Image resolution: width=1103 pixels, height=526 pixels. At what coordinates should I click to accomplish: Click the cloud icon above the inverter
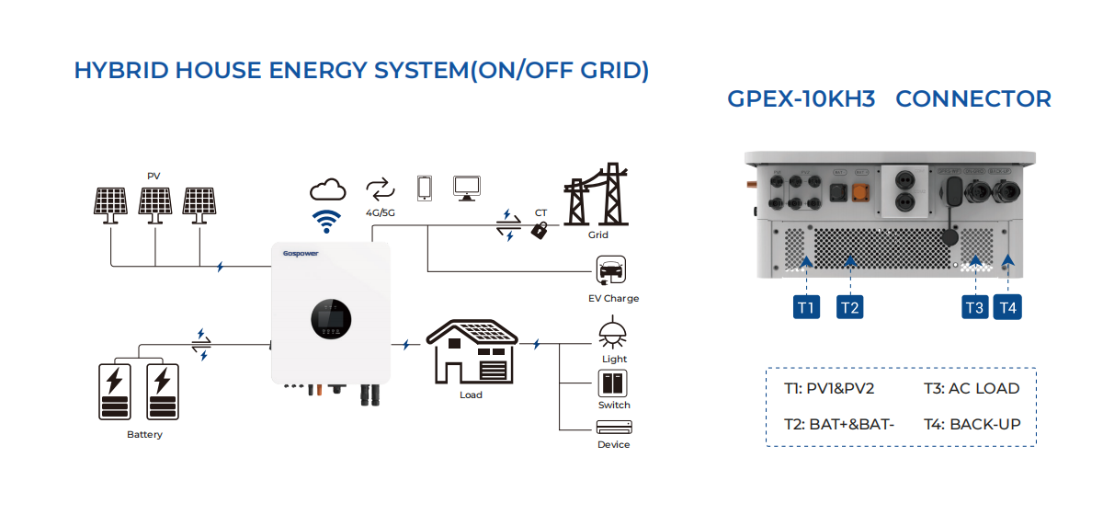[x=327, y=189]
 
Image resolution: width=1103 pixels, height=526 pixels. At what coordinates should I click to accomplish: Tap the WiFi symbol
[x=327, y=221]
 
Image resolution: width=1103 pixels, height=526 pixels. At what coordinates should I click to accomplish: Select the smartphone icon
[x=425, y=188]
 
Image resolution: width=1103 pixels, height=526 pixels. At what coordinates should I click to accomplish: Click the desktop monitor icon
[x=468, y=188]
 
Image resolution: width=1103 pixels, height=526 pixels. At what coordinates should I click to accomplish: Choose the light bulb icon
[x=613, y=334]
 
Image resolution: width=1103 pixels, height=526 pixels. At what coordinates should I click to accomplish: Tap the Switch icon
[x=613, y=383]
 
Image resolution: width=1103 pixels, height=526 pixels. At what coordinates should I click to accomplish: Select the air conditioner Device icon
[x=613, y=428]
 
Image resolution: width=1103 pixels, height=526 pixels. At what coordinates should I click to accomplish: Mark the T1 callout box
[x=806, y=307]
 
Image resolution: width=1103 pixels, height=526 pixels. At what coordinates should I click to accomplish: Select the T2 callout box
[x=850, y=307]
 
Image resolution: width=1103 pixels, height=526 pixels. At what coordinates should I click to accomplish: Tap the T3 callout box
[x=975, y=307]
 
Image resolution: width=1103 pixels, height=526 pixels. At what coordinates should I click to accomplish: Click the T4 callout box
[x=1008, y=307]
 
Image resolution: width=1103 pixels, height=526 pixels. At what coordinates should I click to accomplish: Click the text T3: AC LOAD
[x=972, y=388]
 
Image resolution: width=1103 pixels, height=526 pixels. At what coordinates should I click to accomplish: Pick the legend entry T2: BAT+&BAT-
[x=839, y=424]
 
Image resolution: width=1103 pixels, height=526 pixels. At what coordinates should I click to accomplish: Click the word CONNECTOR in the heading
[x=973, y=99]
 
